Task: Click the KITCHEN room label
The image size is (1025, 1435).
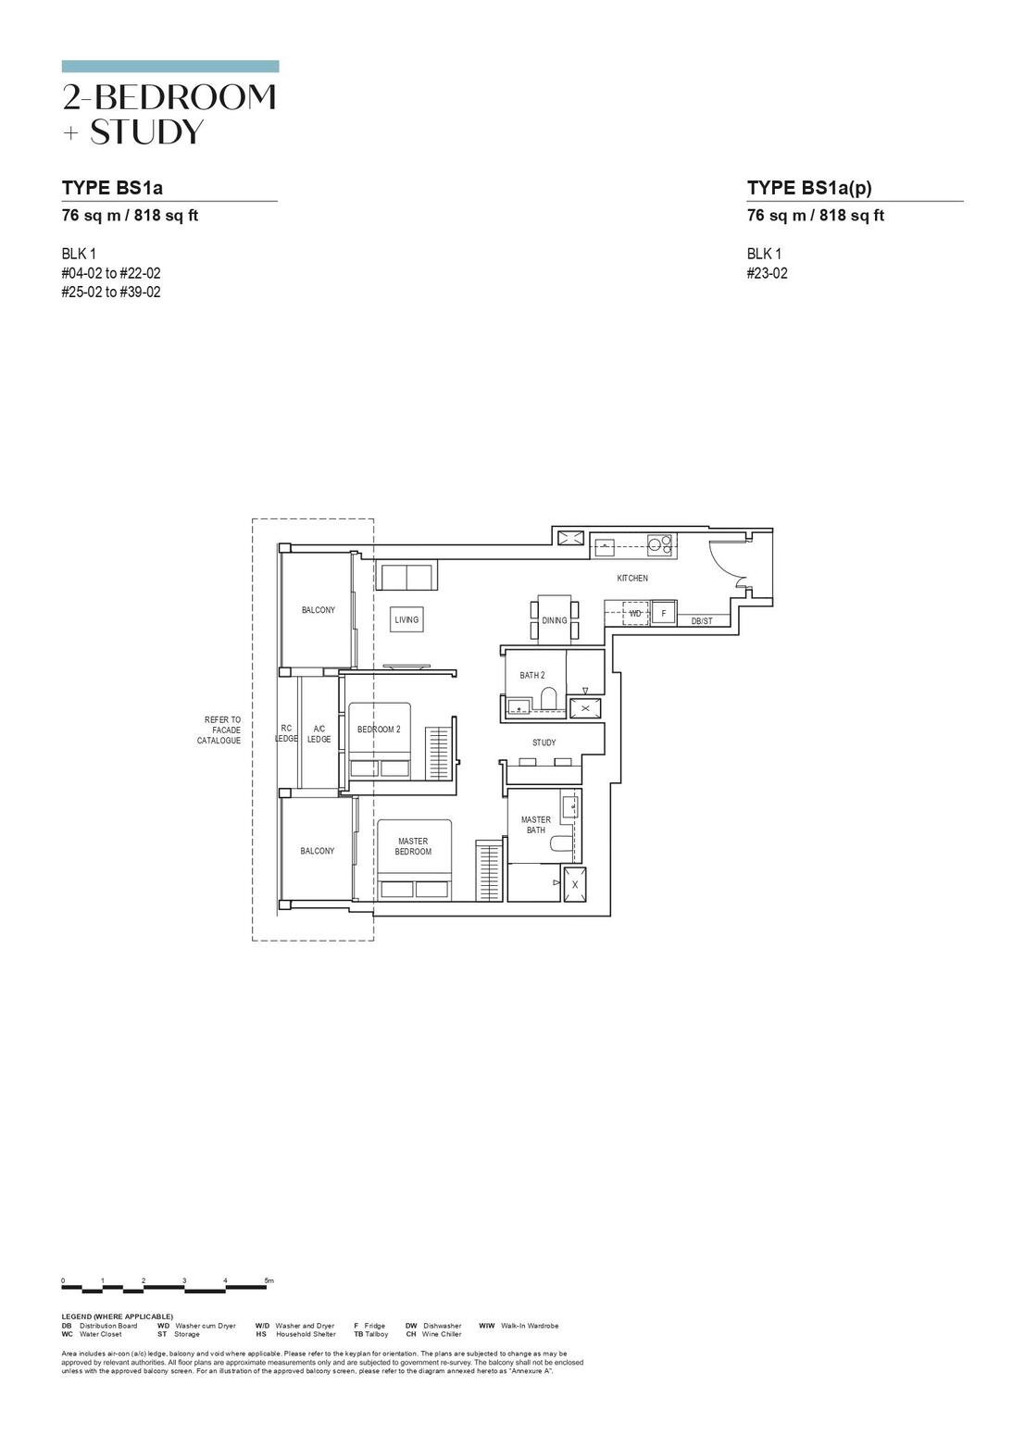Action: coord(632,579)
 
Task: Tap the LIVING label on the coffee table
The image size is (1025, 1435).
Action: coord(406,619)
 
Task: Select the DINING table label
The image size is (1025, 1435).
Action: coord(555,620)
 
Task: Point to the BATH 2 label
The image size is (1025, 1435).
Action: coord(531,676)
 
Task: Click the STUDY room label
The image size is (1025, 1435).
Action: coord(544,742)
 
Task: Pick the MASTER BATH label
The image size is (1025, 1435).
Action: coord(535,825)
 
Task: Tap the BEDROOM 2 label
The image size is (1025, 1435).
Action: coord(379,730)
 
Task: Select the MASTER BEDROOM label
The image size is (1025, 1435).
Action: coord(413,846)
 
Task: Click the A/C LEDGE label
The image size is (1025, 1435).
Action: coord(319,734)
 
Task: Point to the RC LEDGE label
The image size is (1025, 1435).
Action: coord(286,734)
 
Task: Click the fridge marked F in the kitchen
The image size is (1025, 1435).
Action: coord(663,613)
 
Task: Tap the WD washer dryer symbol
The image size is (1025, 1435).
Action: coord(635,613)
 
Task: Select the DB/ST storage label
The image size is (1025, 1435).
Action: coord(702,621)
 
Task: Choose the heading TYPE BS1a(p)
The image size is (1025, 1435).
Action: coord(809,188)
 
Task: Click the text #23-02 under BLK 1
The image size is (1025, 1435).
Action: coord(767,273)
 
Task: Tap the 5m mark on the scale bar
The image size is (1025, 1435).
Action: coord(269,1280)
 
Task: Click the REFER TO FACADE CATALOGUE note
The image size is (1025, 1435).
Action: coord(220,730)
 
